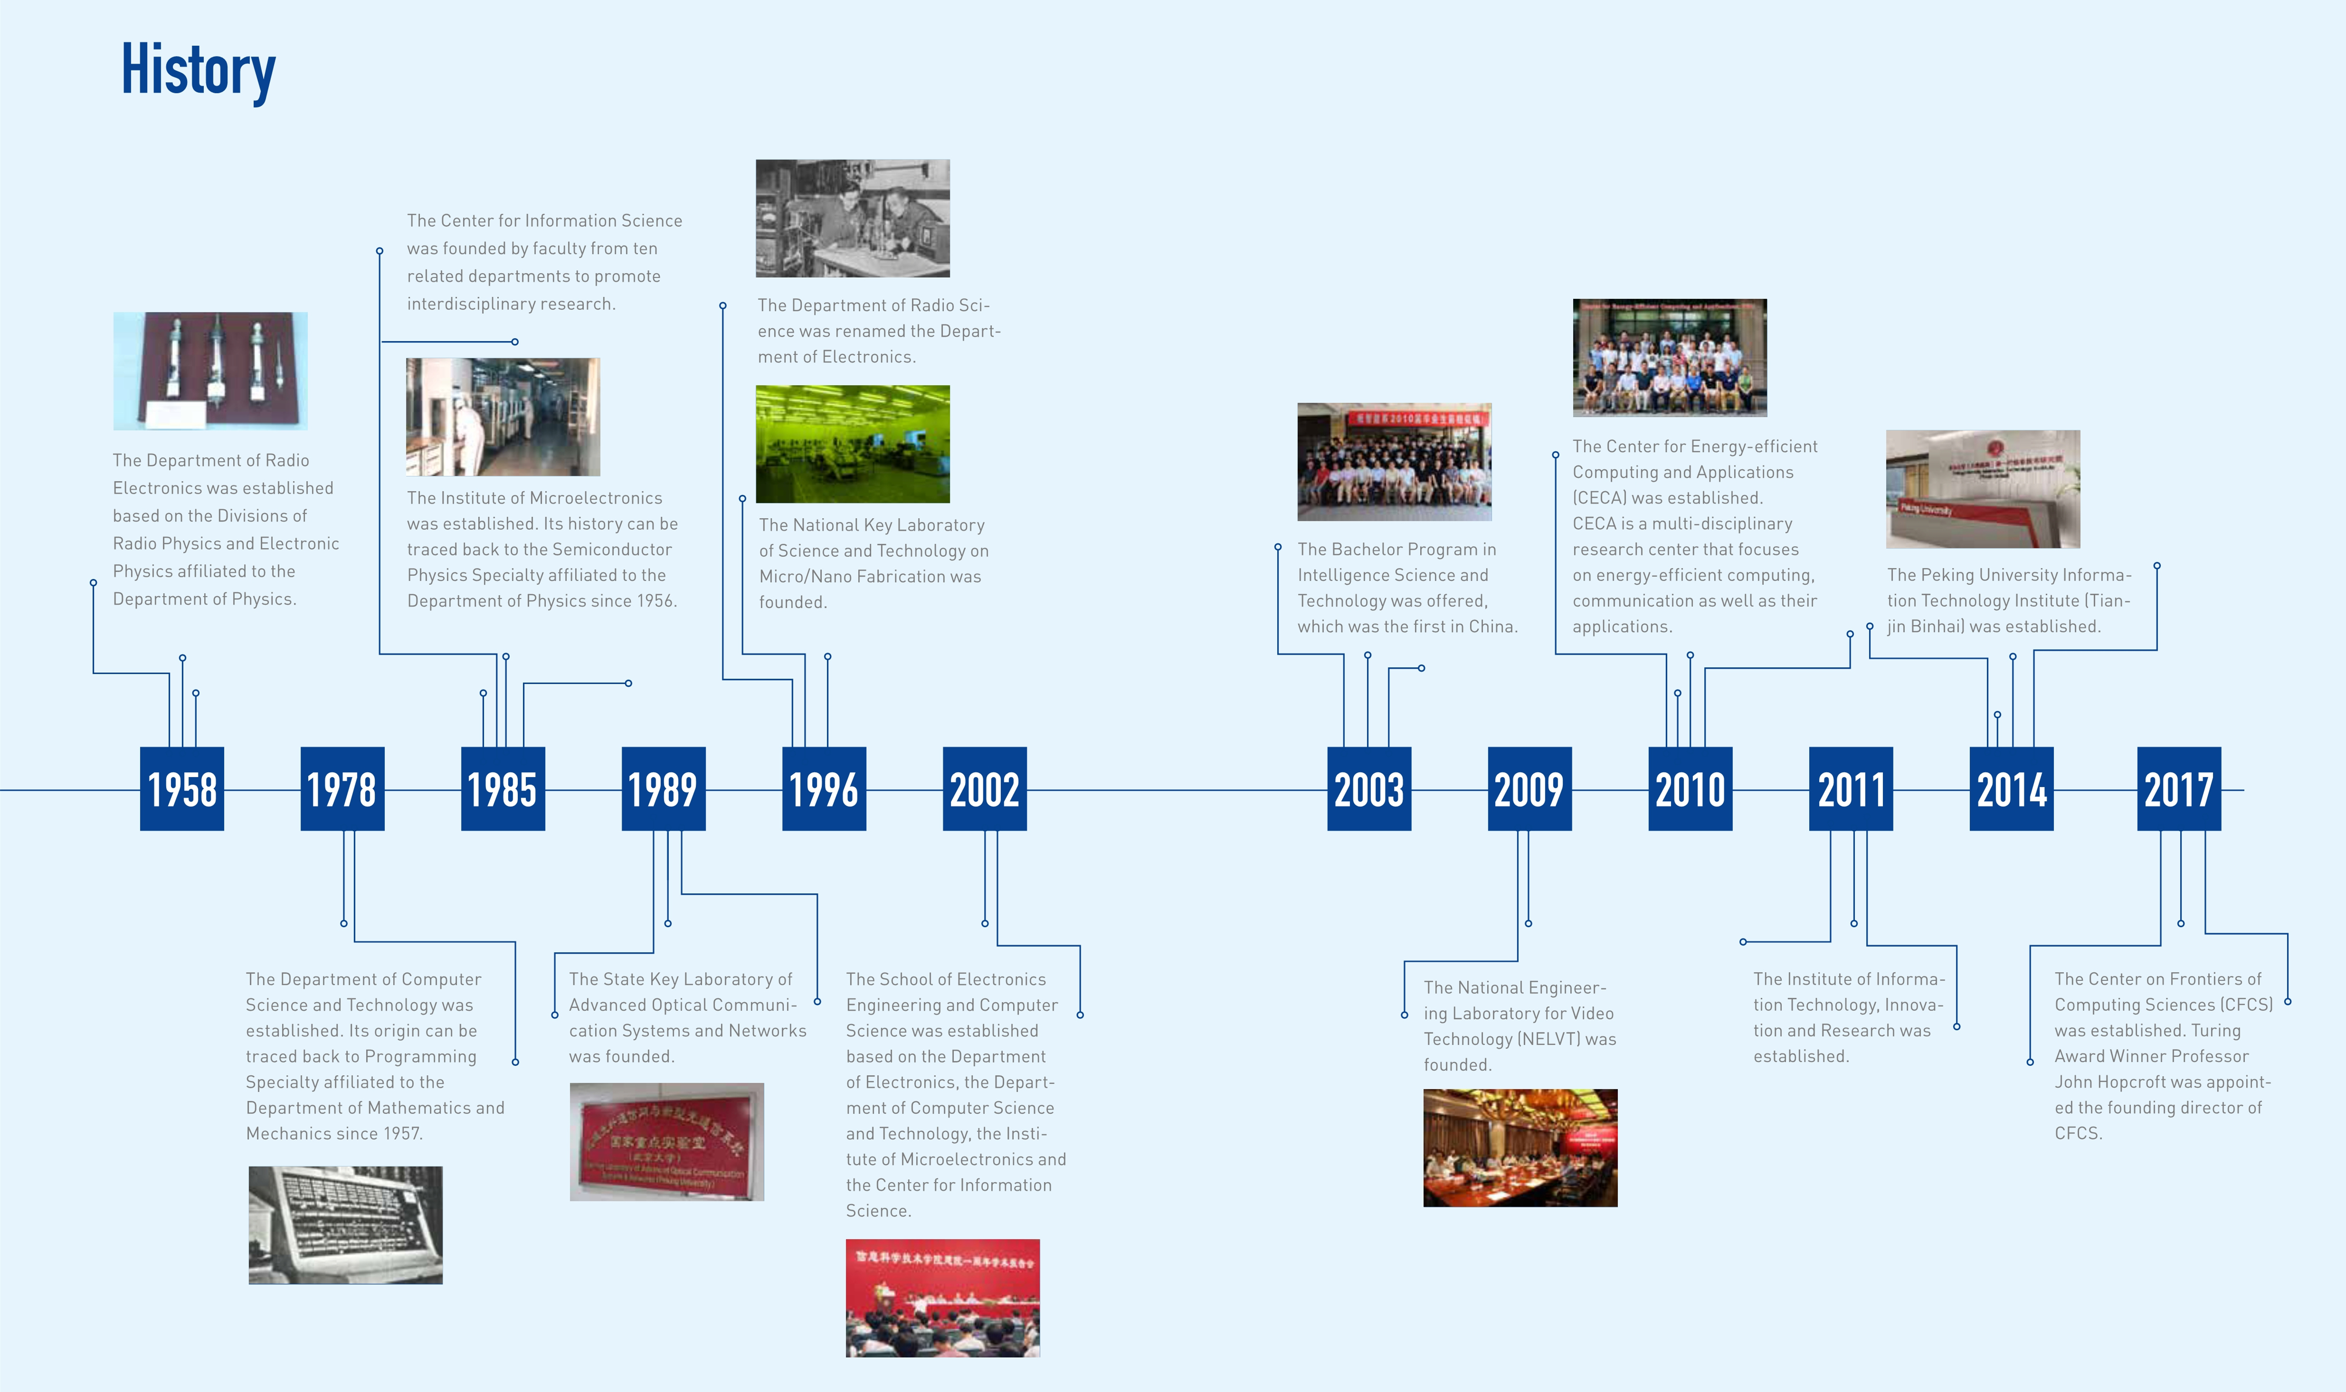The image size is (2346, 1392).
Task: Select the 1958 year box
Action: point(182,789)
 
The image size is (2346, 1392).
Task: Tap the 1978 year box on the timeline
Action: point(342,789)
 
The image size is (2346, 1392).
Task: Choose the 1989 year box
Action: point(663,789)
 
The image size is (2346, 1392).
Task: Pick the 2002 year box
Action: point(984,789)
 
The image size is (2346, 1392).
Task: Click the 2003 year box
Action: point(1368,789)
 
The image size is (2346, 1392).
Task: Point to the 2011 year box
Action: point(1850,789)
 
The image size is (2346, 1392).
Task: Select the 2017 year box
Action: point(2178,789)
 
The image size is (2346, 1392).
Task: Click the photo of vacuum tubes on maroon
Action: point(210,371)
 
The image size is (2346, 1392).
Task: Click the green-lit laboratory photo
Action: point(853,444)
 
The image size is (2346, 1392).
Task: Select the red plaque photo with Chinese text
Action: point(667,1142)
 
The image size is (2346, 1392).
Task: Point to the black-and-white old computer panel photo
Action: point(345,1225)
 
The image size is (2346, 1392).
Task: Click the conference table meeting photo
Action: point(1520,1147)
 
